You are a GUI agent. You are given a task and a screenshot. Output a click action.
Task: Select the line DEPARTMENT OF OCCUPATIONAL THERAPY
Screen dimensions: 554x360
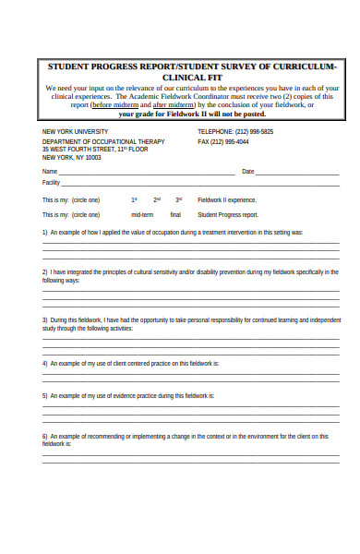click(x=103, y=141)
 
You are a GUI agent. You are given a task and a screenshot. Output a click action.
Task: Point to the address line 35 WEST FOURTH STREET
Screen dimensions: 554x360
click(x=95, y=149)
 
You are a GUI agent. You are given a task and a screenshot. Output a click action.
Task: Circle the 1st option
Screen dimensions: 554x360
click(x=135, y=199)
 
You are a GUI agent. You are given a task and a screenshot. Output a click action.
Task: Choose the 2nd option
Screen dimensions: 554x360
click(x=157, y=199)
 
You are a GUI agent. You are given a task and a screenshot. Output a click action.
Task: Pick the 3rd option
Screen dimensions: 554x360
click(x=179, y=199)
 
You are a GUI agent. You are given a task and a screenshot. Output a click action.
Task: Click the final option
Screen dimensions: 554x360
click(x=175, y=213)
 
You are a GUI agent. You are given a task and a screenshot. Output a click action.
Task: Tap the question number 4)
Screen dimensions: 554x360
click(x=45, y=363)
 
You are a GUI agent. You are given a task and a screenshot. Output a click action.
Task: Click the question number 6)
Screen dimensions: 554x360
click(x=45, y=435)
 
